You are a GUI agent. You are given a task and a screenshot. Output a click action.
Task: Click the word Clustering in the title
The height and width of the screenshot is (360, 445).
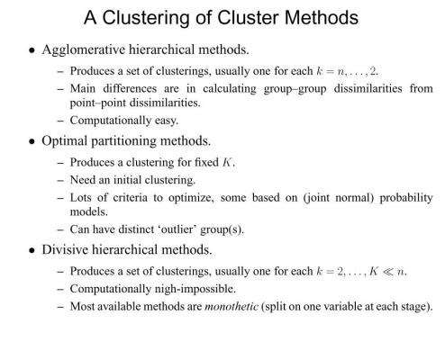coord(146,18)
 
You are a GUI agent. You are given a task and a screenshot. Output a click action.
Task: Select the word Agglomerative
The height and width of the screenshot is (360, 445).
coord(84,50)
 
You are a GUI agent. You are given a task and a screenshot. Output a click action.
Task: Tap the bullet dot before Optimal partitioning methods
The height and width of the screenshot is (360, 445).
coord(32,141)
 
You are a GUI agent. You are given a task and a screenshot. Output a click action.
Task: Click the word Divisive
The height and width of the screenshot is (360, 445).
coord(65,249)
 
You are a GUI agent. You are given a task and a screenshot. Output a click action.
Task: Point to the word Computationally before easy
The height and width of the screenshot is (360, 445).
coord(111,121)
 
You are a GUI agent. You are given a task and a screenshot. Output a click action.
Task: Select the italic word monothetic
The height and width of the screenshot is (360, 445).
coord(232,306)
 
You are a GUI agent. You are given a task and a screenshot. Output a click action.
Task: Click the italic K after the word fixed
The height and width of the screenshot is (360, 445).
coord(227,163)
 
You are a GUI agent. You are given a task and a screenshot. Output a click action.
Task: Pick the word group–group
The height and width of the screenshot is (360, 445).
coord(295,89)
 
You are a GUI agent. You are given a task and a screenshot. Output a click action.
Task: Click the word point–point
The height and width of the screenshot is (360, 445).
coord(98,103)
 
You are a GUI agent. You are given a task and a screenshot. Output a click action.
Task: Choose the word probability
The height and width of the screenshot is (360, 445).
coord(406,198)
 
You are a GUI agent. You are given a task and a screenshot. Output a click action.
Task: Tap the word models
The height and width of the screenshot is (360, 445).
coord(89,212)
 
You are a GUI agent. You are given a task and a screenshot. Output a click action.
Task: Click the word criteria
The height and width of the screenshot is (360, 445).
coord(130,198)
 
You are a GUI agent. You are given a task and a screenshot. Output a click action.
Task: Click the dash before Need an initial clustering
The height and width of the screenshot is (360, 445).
coord(60,181)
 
